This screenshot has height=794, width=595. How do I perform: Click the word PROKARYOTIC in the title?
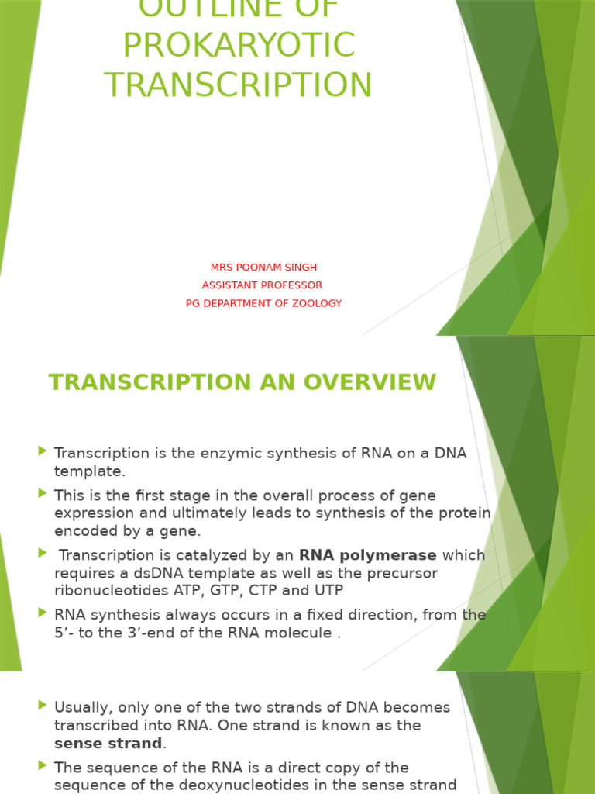(239, 45)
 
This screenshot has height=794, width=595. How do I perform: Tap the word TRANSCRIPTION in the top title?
(239, 85)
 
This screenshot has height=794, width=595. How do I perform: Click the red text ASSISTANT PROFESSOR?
(262, 285)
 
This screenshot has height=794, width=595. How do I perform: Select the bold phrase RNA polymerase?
(368, 555)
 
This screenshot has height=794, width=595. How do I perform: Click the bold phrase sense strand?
(108, 744)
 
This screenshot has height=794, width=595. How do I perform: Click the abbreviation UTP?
(325, 591)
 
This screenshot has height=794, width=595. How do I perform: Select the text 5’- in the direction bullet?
(67, 633)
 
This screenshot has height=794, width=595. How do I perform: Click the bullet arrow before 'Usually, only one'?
(42, 705)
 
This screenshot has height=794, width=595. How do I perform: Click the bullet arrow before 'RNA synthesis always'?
(42, 613)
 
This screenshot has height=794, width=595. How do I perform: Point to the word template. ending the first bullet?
(89, 471)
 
